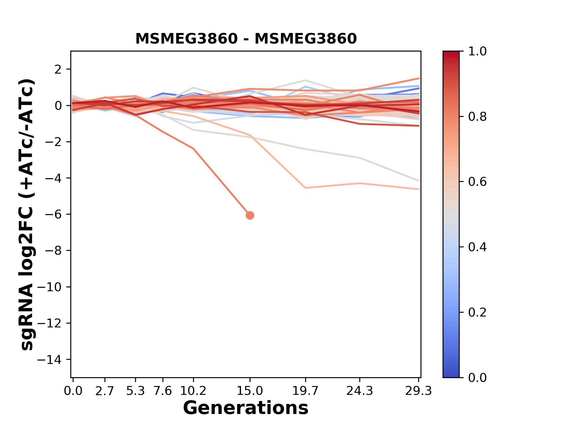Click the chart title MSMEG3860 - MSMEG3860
point(246,39)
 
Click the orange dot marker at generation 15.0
point(250,216)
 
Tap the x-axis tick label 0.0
point(73,391)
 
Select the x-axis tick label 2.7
point(105,391)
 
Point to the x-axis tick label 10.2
point(193,391)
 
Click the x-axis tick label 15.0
point(250,391)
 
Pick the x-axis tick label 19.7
point(305,391)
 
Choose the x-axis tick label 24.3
point(360,391)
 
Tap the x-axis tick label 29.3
point(418,391)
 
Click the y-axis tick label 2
point(58,69)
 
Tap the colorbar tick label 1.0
point(477,52)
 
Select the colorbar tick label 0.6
point(477,182)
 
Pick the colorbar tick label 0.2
point(477,312)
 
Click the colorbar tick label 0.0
point(477,378)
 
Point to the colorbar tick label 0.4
point(477,247)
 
